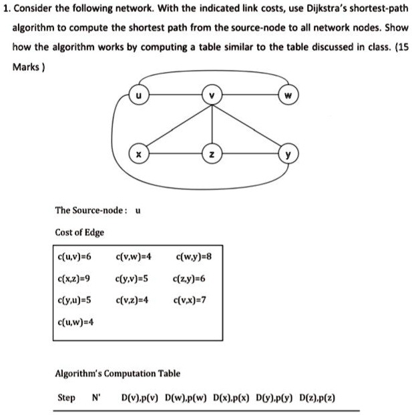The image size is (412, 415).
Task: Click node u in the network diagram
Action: [138, 95]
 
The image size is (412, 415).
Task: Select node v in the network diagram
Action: [212, 95]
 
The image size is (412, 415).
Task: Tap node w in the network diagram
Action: [288, 95]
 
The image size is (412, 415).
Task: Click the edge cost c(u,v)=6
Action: [75, 256]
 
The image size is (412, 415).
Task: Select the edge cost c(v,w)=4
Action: [134, 256]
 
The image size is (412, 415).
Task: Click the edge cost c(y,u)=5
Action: [75, 300]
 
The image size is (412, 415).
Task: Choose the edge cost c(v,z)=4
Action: [134, 300]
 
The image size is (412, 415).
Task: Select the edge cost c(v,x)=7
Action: [190, 300]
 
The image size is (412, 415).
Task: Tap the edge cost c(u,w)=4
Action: [77, 322]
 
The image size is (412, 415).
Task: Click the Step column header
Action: [66, 398]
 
